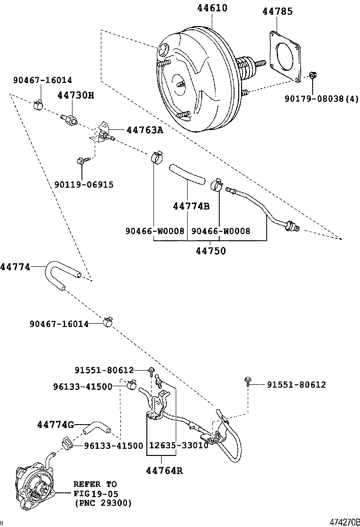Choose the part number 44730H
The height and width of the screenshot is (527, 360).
76,95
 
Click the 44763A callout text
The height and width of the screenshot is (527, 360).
144,130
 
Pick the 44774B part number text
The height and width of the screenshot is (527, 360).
191,206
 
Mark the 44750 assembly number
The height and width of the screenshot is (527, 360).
211,251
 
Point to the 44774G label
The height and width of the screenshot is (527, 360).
55,425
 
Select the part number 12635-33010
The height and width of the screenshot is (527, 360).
179,445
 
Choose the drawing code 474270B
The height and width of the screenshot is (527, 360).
344,522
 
